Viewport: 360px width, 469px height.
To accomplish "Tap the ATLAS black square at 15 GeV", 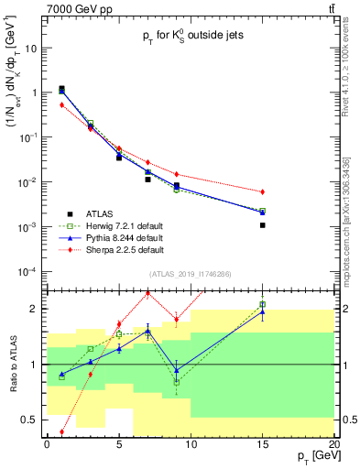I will [263, 224].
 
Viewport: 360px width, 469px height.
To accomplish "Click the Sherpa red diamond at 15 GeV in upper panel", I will [263, 191].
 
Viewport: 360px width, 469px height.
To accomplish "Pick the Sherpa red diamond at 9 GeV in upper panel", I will [177, 174].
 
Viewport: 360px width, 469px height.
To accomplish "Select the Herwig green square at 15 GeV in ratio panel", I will [263, 304].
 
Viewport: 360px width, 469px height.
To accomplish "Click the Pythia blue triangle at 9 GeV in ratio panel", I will [177, 369].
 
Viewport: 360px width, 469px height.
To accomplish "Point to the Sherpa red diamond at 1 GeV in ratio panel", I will [61, 431].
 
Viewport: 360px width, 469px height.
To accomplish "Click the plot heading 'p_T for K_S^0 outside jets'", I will [189, 38].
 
